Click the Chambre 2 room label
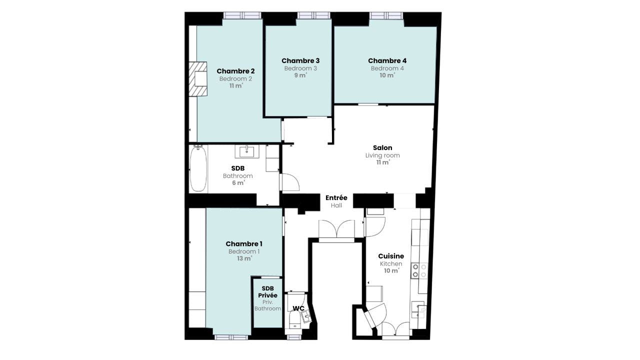(x=235, y=71)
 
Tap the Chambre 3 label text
(x=300, y=60)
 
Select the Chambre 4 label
(x=387, y=60)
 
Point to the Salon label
(x=382, y=147)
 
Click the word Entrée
(x=336, y=197)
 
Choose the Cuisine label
(x=391, y=256)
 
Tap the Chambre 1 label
(x=244, y=243)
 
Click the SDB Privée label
(x=268, y=292)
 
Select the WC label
(x=298, y=308)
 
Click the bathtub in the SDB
(x=198, y=168)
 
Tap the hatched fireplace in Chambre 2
(x=198, y=79)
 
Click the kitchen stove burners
(x=419, y=270)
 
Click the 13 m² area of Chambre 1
(x=244, y=259)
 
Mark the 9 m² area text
(x=300, y=75)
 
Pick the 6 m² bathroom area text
(x=238, y=183)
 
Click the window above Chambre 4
(x=386, y=15)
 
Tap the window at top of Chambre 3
(x=313, y=15)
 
